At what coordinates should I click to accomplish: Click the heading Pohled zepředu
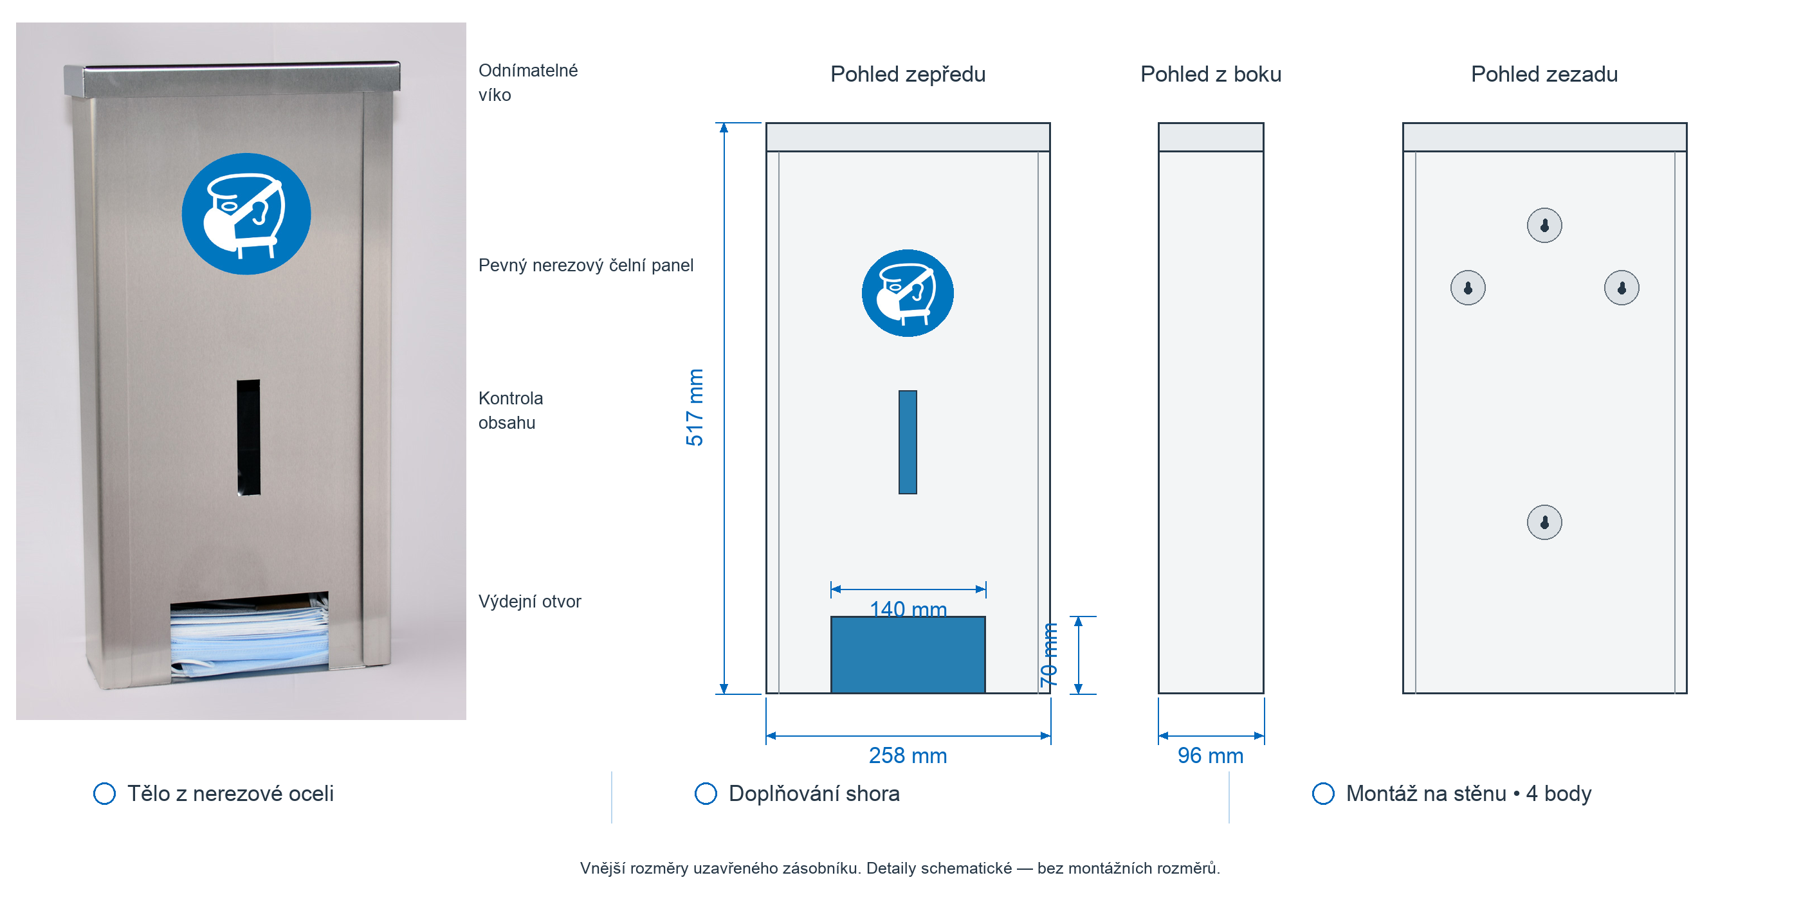[908, 74]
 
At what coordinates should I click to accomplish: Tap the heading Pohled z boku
[1211, 74]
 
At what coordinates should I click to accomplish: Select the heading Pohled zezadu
[1544, 74]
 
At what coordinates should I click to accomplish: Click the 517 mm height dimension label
[694, 408]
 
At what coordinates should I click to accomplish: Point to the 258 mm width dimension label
[908, 755]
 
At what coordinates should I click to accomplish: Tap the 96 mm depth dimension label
[1211, 755]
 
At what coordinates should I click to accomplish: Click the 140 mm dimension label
[908, 609]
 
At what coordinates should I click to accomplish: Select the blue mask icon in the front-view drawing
[908, 292]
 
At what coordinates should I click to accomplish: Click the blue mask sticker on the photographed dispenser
[246, 214]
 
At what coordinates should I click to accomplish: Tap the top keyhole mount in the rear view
[1544, 225]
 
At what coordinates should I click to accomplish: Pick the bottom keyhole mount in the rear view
[1544, 522]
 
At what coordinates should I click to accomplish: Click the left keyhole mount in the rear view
[1468, 287]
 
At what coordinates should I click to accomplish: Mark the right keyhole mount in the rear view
[1622, 287]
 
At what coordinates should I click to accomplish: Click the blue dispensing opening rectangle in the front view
[908, 654]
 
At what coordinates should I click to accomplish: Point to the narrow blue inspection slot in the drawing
[908, 442]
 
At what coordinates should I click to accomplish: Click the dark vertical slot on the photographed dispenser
[248, 437]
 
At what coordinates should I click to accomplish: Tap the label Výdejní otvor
[529, 602]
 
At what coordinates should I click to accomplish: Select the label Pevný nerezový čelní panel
[585, 265]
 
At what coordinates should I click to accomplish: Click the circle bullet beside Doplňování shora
[706, 793]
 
